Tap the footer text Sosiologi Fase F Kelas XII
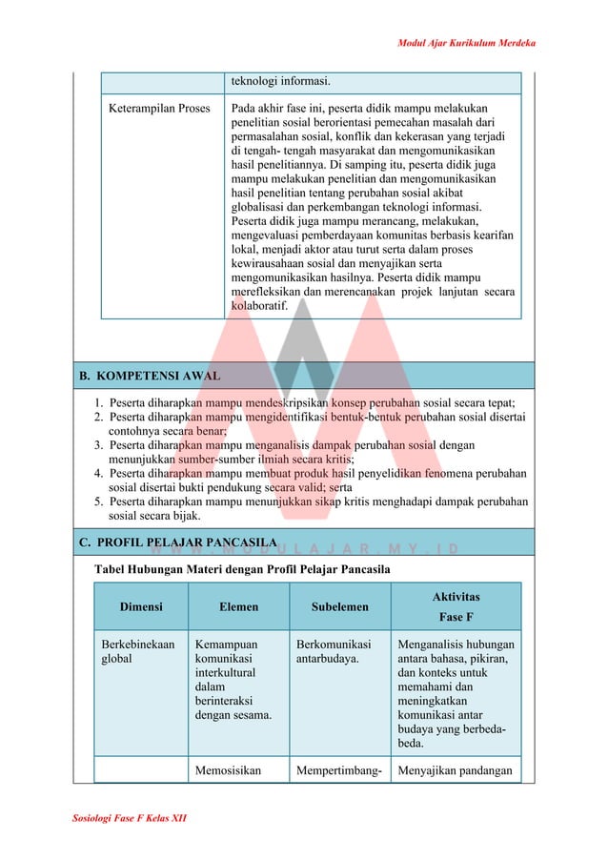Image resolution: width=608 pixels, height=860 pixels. click(129, 819)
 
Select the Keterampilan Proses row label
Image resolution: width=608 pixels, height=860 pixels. click(155, 109)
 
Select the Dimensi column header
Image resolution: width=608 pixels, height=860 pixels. click(140, 606)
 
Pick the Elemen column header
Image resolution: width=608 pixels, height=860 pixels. click(238, 606)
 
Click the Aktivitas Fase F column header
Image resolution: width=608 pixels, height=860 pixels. click(456, 606)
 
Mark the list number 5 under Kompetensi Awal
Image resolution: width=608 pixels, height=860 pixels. click(98, 502)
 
